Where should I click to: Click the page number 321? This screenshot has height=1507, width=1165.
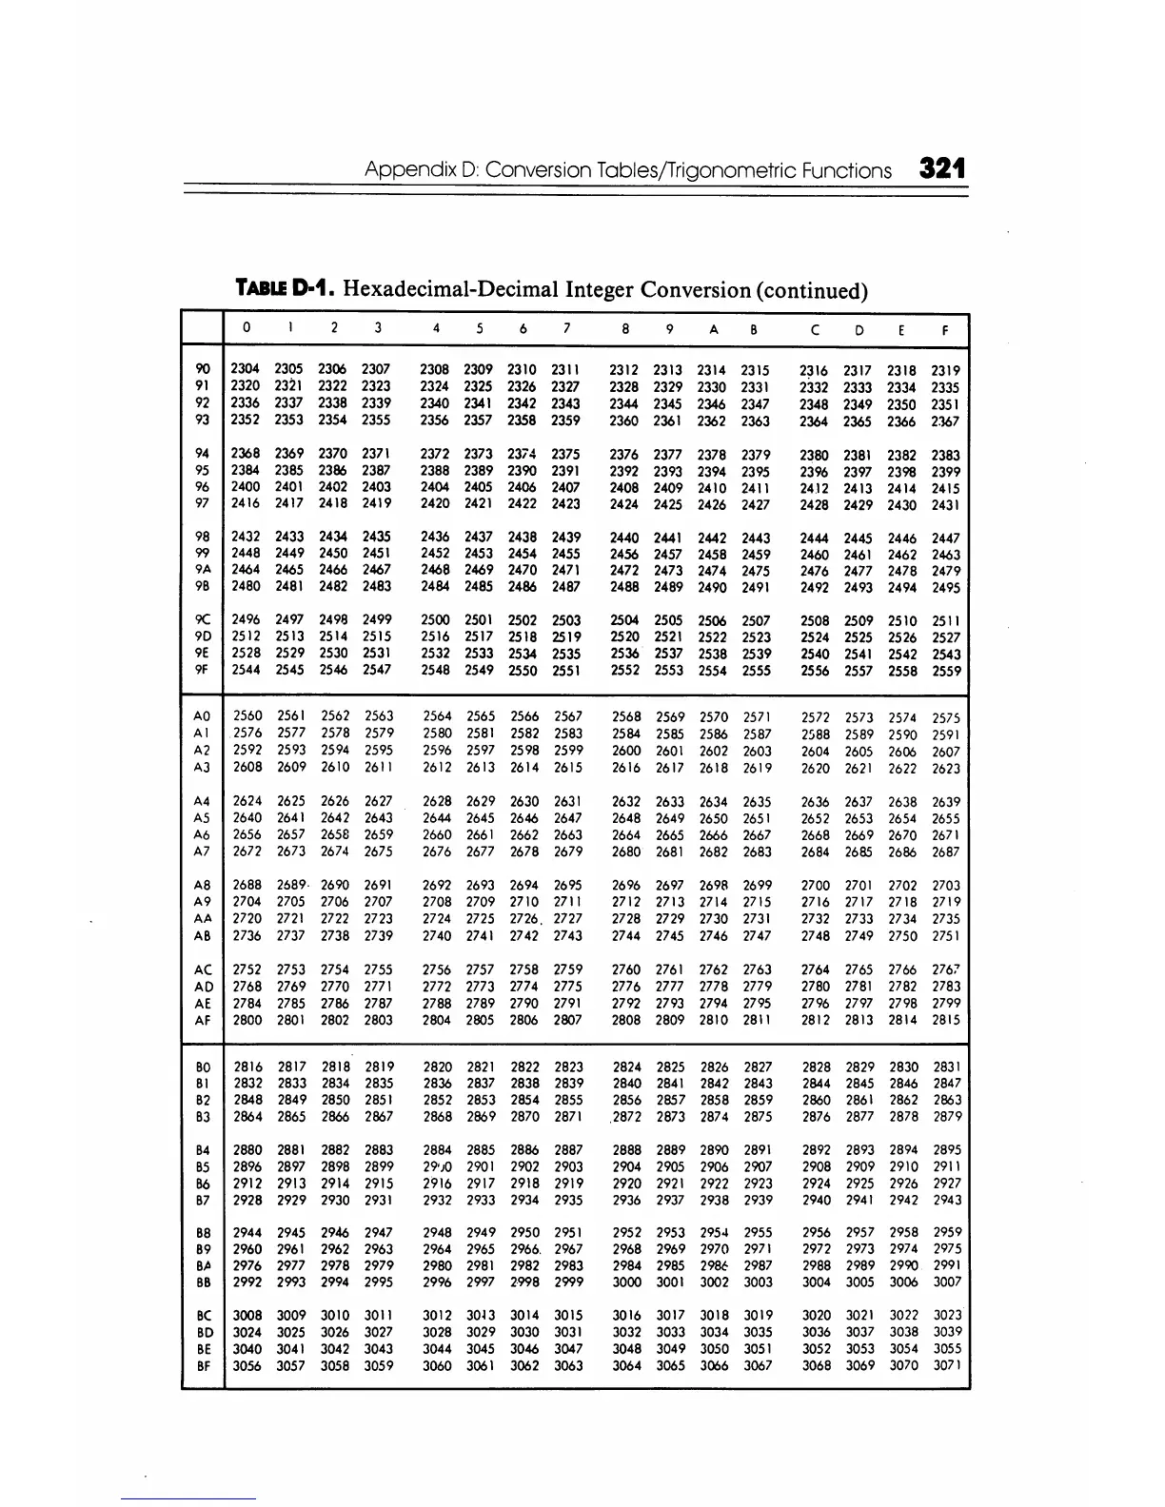942,169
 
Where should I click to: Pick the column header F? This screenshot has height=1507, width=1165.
945,331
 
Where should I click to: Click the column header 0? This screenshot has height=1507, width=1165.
247,328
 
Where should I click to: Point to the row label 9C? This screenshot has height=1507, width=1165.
201,620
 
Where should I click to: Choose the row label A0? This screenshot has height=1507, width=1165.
201,715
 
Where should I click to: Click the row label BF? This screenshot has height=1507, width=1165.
202,1366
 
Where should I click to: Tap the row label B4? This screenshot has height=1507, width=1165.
202,1150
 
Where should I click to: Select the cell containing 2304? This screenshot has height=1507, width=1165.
247,369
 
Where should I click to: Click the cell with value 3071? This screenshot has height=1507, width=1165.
946,1366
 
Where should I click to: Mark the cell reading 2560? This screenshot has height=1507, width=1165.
247,715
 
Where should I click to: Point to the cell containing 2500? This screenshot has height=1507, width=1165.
435,620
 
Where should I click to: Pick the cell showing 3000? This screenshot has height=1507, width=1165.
626,1282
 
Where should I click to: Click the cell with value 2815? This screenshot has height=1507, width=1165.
946,1020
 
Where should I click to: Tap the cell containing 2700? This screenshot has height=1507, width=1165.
816,885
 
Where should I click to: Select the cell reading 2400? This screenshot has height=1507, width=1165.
247,487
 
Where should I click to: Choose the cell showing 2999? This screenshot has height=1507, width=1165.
568,1282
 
